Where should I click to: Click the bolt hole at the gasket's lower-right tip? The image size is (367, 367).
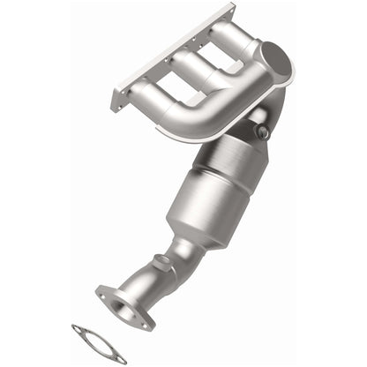click(x=120, y=358)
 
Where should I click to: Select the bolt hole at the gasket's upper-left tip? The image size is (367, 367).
click(x=78, y=329)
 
